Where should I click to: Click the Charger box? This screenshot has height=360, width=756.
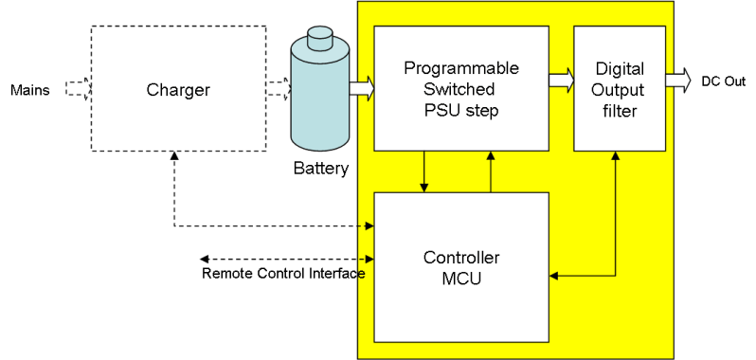click(x=178, y=89)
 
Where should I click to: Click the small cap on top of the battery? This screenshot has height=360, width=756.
click(x=319, y=35)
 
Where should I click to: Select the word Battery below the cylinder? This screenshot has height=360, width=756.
click(x=320, y=170)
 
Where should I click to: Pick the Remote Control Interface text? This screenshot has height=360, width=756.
click(x=283, y=275)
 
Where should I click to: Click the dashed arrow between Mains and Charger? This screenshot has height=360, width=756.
click(x=78, y=89)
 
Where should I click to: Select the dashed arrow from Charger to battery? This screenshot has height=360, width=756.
click(x=278, y=89)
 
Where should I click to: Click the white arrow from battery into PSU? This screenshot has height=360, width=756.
click(x=362, y=89)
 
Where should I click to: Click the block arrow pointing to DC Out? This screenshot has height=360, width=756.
click(x=678, y=81)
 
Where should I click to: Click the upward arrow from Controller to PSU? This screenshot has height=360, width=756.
click(x=490, y=171)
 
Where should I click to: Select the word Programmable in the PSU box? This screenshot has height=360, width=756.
click(x=461, y=68)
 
